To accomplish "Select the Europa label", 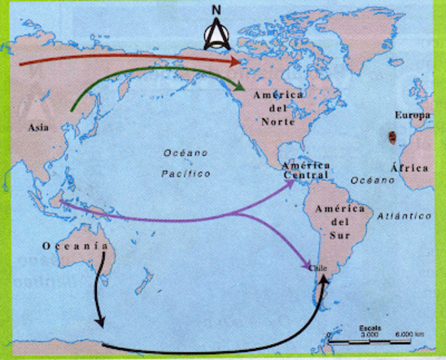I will point(414,115).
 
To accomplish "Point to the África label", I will point(414,168).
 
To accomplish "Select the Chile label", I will point(319,266).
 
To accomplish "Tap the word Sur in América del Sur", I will point(334,232).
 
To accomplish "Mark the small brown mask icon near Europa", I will point(391,137).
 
